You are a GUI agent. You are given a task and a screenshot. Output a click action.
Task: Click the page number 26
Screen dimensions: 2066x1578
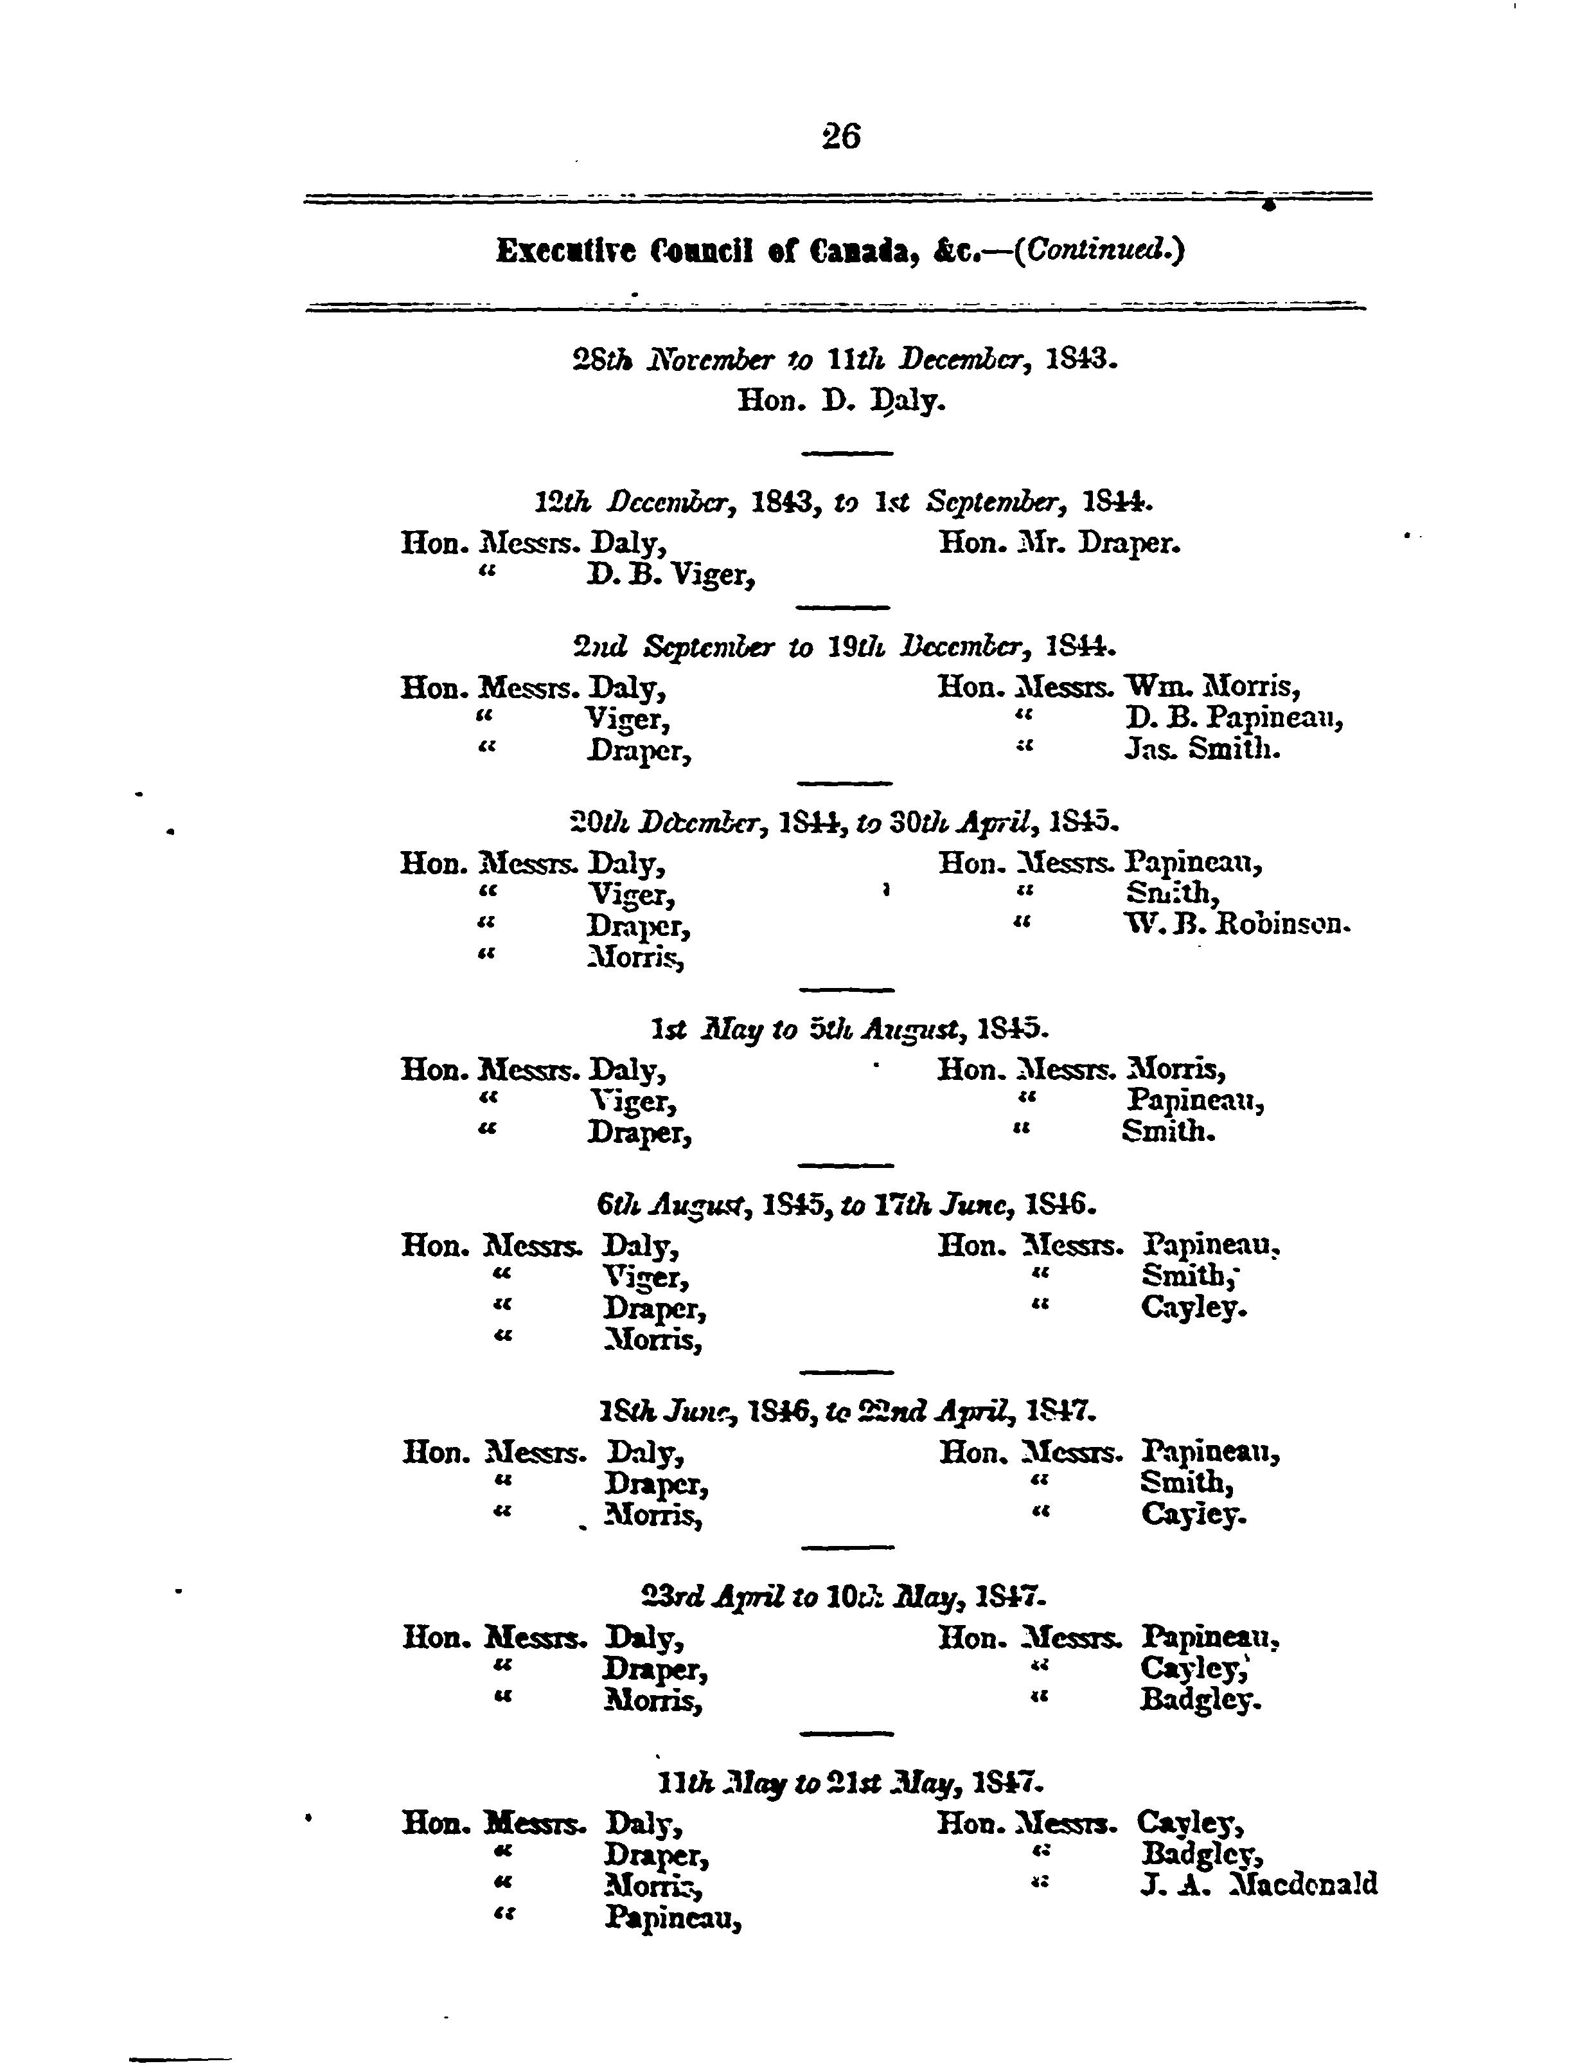click(x=840, y=137)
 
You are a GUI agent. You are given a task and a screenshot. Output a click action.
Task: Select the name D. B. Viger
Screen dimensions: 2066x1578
click(x=671, y=574)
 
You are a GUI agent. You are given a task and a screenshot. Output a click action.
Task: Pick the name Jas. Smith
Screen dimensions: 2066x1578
click(x=1202, y=750)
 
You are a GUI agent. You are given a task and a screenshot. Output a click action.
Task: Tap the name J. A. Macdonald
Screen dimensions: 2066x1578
click(x=1259, y=1883)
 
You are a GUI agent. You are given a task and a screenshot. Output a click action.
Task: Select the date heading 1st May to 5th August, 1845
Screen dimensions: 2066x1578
click(x=849, y=1030)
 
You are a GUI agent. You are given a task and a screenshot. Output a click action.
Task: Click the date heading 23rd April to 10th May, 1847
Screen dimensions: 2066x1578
click(x=842, y=1596)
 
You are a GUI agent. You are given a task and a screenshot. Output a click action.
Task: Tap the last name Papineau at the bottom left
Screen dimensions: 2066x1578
click(x=673, y=1917)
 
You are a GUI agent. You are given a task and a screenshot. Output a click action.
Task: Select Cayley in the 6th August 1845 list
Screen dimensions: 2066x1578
click(x=1194, y=1308)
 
